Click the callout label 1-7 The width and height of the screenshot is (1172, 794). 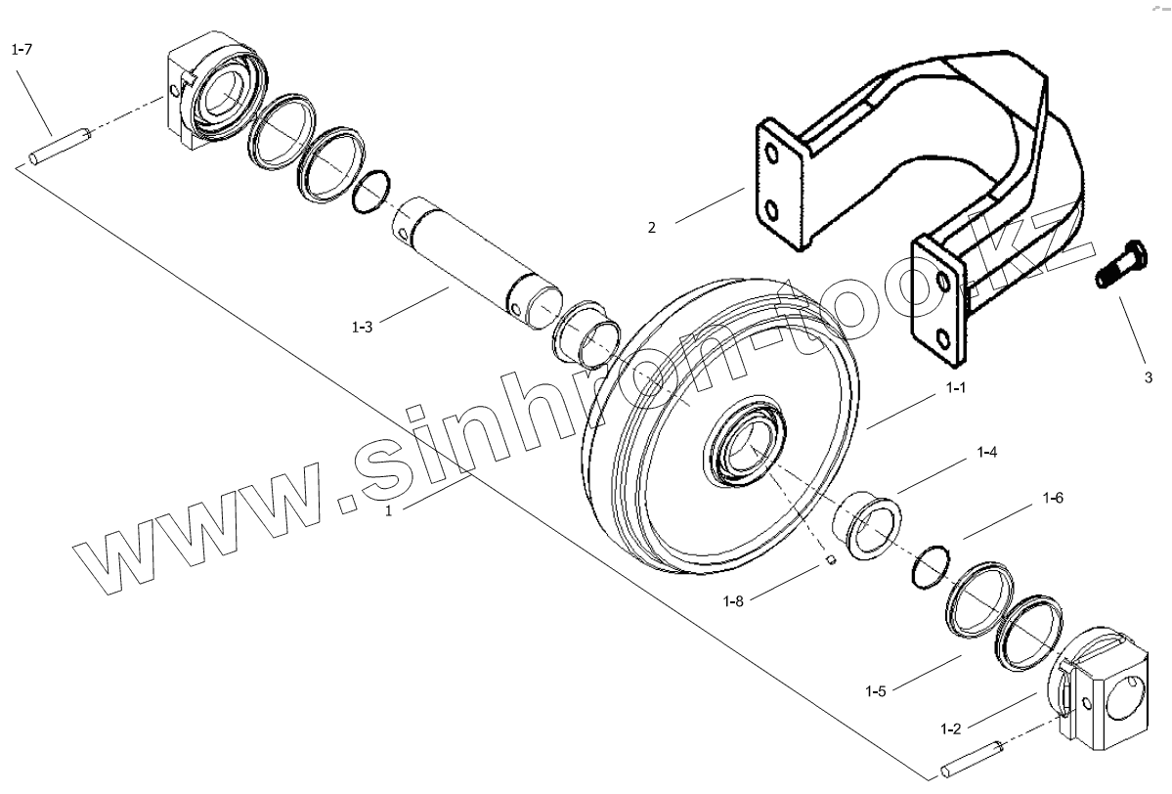[22, 49]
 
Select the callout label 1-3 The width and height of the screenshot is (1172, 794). [362, 327]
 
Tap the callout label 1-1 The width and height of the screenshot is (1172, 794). [955, 388]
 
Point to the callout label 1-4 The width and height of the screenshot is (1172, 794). [986, 453]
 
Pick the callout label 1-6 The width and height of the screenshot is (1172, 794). [1052, 499]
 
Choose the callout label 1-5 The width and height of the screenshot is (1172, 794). [876, 691]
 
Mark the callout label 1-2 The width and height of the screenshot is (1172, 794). [950, 728]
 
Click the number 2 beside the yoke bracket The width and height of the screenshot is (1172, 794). [652, 228]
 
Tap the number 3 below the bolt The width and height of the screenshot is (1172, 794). [1149, 375]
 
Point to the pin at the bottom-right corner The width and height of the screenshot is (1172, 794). [972, 761]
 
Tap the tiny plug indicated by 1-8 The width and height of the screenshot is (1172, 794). [830, 561]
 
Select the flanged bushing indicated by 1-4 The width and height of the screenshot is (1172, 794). [868, 524]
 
